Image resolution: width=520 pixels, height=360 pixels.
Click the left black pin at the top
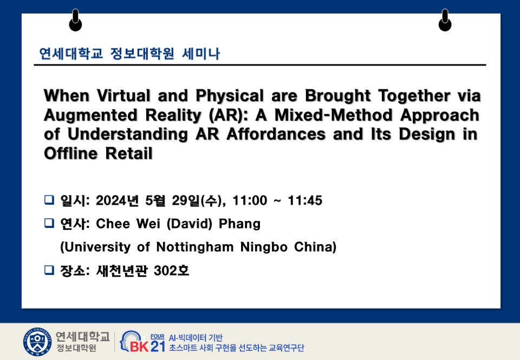click(x=75, y=20)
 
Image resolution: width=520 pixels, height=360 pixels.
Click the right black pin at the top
click(x=445, y=20)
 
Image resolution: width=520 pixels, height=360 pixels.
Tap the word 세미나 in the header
click(x=201, y=54)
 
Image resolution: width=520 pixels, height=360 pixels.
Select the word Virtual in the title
click(x=123, y=96)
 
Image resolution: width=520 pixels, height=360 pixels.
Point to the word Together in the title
click(x=414, y=96)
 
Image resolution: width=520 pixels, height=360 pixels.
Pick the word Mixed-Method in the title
click(x=334, y=115)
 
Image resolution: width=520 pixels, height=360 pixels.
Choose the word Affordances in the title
click(x=276, y=134)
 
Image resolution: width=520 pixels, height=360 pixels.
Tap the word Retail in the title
click(x=129, y=154)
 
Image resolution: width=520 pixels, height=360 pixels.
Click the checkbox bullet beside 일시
click(x=49, y=200)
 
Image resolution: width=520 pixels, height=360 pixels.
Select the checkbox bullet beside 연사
click(x=49, y=223)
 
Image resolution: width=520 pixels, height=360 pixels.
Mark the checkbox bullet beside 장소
click(x=49, y=270)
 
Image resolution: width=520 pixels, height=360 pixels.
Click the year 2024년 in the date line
click(x=117, y=200)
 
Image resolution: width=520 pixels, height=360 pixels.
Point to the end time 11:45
click(x=305, y=200)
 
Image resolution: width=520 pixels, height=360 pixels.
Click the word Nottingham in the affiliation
click(x=194, y=247)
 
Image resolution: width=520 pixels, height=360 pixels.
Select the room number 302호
click(x=172, y=271)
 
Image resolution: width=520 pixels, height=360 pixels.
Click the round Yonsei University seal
click(x=37, y=342)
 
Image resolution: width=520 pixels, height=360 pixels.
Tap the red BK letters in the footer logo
click(x=139, y=347)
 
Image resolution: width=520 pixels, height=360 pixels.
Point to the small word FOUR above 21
click(x=157, y=337)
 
